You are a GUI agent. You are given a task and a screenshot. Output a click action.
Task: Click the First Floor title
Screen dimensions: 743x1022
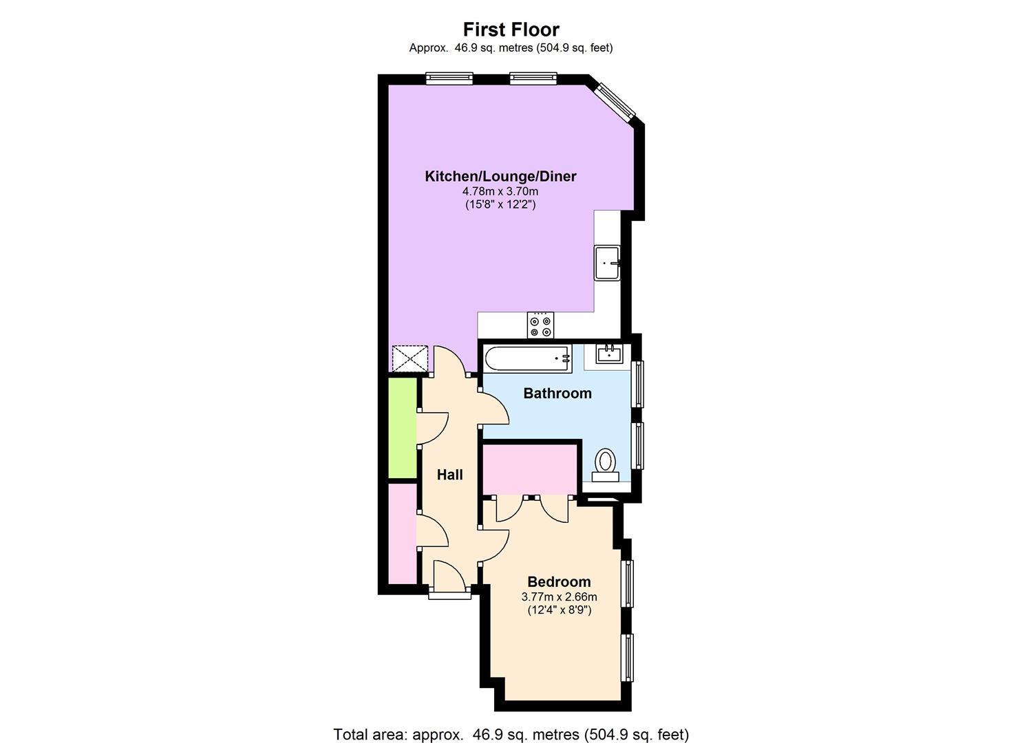tap(511, 30)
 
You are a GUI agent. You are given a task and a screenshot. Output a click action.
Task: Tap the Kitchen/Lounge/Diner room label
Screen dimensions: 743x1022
tap(500, 176)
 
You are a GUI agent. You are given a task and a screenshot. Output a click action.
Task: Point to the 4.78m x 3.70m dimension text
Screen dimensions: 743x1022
tap(500, 191)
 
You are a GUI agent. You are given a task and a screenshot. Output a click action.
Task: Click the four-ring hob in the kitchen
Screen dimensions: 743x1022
tap(540, 325)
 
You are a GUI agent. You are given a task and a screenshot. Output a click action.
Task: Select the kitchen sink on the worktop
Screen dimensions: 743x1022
tap(607, 263)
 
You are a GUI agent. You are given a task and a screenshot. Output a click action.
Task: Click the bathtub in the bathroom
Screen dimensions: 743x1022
tap(527, 358)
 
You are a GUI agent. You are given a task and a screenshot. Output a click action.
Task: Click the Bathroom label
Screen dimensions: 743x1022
tap(557, 394)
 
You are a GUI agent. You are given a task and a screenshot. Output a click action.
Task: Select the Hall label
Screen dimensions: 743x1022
tap(449, 475)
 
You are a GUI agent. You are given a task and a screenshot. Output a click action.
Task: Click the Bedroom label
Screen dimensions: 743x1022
tap(559, 582)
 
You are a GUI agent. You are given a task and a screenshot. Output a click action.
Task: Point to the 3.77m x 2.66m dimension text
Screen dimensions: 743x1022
tap(559, 597)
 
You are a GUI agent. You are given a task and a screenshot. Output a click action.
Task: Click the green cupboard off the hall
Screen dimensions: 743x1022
tap(402, 427)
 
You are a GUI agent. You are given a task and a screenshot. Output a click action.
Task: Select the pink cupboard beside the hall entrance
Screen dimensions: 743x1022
tap(402, 533)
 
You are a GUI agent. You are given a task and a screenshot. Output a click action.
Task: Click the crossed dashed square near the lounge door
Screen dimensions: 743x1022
tap(409, 358)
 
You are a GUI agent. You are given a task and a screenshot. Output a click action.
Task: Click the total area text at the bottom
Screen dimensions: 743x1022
tap(511, 734)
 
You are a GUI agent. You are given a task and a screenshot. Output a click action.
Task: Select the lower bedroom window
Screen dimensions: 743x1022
tap(627, 657)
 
